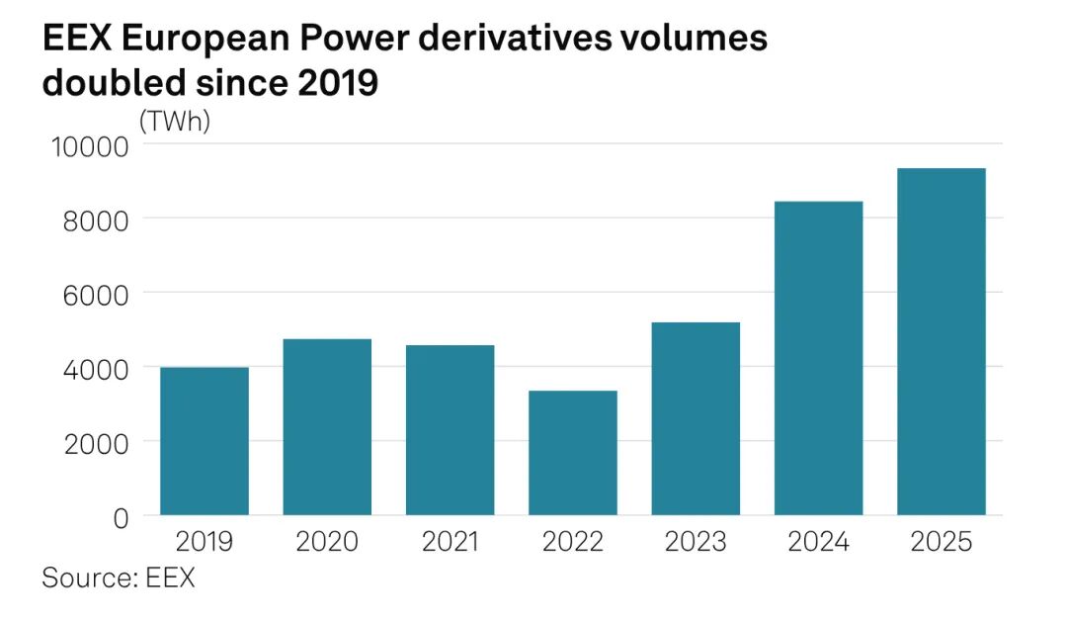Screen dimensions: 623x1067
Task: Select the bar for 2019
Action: (x=205, y=441)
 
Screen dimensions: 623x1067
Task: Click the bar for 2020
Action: (x=327, y=427)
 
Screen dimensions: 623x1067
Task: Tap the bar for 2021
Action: (x=451, y=430)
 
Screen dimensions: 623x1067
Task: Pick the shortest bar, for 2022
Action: (x=573, y=453)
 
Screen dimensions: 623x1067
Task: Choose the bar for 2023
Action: (x=696, y=418)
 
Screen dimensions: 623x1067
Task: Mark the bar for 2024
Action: (x=819, y=358)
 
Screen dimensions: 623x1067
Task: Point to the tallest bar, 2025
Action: (x=942, y=341)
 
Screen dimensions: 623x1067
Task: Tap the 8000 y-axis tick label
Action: (x=89, y=220)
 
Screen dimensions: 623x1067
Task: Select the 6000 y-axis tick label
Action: (x=89, y=294)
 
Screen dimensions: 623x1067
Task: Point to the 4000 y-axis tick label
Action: (x=89, y=368)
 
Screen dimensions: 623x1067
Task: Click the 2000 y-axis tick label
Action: (x=89, y=442)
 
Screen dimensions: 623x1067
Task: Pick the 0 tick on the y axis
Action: (x=121, y=516)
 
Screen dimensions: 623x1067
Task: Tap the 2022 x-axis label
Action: (x=573, y=542)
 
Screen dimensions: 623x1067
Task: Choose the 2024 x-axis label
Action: (x=819, y=542)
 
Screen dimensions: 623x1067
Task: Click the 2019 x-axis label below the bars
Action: (x=205, y=542)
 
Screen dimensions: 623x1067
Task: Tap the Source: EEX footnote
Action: (x=119, y=578)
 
